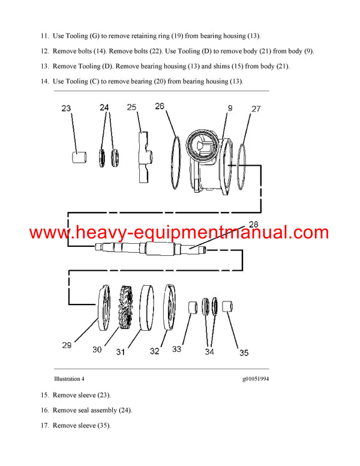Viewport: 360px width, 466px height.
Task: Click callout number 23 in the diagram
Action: [x=67, y=109]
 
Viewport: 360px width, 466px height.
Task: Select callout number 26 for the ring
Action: [x=160, y=107]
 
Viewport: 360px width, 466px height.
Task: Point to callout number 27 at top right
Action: [x=256, y=109]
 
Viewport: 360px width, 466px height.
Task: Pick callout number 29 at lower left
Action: [x=67, y=345]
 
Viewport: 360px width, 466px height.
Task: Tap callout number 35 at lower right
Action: [x=244, y=353]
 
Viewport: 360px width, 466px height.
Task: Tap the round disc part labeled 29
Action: [x=105, y=307]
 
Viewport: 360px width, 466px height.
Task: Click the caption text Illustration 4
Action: [x=69, y=379]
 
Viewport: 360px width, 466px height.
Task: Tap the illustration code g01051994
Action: [x=255, y=379]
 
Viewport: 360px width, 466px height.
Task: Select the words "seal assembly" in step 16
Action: [x=110, y=410]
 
